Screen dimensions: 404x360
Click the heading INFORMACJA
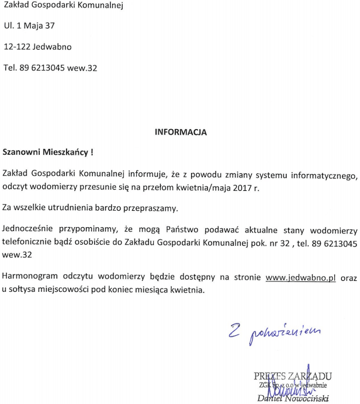[181, 132]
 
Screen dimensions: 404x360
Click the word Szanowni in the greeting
[21, 152]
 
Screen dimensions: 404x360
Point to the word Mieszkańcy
[65, 152]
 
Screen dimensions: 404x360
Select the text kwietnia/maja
[198, 187]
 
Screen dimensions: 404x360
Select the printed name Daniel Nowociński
[294, 399]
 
